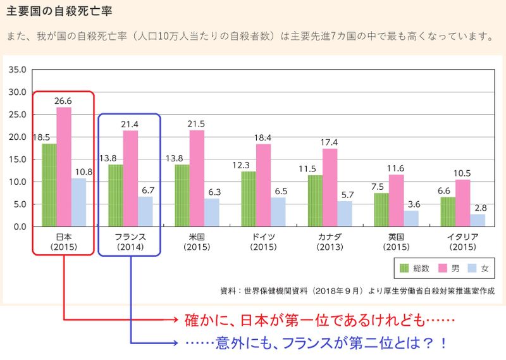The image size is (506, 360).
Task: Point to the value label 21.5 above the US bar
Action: coord(197,124)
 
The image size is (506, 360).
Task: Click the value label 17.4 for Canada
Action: coord(330,142)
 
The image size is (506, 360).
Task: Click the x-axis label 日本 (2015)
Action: coord(64,242)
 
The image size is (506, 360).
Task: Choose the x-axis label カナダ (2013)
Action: coord(330,242)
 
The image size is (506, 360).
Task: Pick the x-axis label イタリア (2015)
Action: coord(462,242)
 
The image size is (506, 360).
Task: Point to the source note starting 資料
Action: coord(354,291)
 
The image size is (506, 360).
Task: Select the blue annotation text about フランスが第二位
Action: coord(316,343)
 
